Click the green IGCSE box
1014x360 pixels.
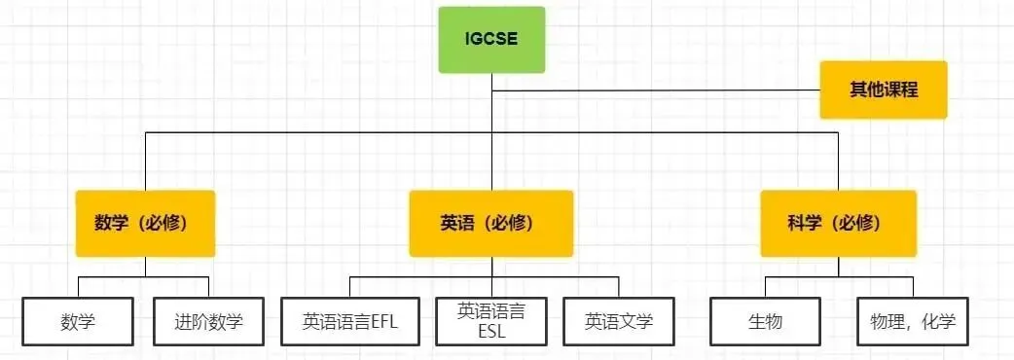pyautogui.click(x=491, y=40)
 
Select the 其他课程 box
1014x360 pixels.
pyautogui.click(x=884, y=90)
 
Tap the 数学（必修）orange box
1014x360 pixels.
pyautogui.click(x=145, y=223)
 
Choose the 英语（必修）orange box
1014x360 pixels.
pyautogui.click(x=491, y=223)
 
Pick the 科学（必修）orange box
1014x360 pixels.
pyautogui.click(x=839, y=223)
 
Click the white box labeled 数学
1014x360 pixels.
pyautogui.click(x=78, y=320)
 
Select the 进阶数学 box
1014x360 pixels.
pyautogui.click(x=208, y=320)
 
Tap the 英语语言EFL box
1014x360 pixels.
pyautogui.click(x=351, y=320)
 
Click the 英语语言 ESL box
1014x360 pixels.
pyautogui.click(x=491, y=320)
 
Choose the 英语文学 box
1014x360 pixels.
pyautogui.click(x=619, y=320)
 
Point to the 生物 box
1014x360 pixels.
pyautogui.click(x=766, y=320)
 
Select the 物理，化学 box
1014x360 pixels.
pyautogui.click(x=913, y=320)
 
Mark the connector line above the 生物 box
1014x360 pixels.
pyautogui.click(x=766, y=286)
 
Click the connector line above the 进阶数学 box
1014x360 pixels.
pyautogui.click(x=208, y=286)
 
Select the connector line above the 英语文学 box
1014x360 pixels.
pyautogui.click(x=619, y=286)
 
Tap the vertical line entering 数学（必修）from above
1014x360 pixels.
pyautogui.click(x=145, y=161)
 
